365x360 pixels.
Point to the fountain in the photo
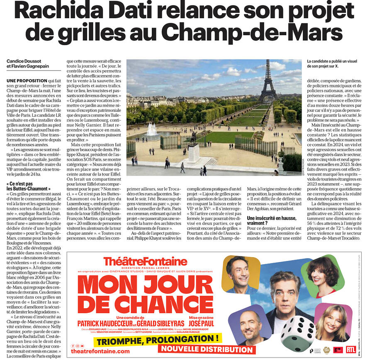click(x=152, y=130)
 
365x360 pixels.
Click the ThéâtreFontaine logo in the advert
click(x=145, y=261)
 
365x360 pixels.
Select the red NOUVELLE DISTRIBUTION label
click(x=207, y=349)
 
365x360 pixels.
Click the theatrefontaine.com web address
click(x=100, y=351)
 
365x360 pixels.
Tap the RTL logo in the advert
click(x=351, y=350)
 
